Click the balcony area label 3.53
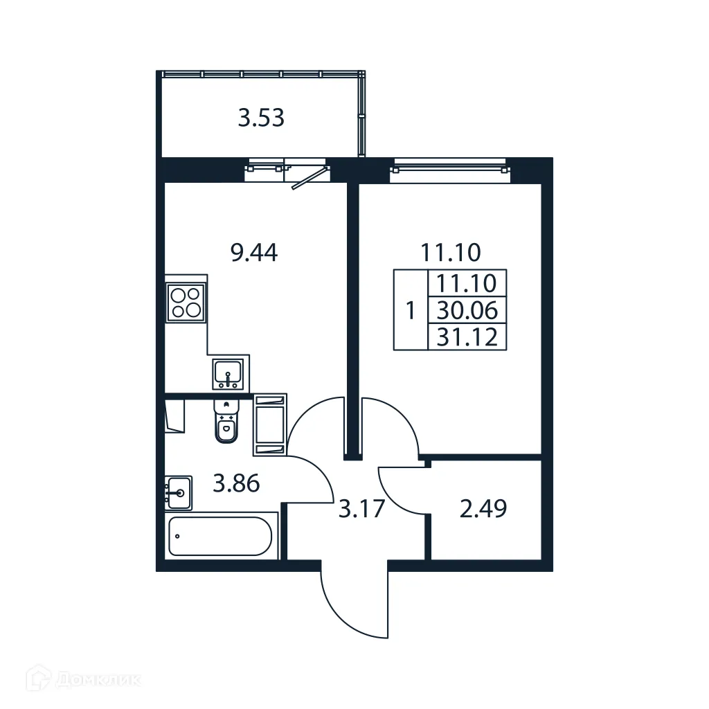(261, 118)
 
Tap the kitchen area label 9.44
(254, 253)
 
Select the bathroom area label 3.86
(236, 483)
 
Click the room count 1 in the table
(411, 310)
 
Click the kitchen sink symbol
(228, 374)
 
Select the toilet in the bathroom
(226, 422)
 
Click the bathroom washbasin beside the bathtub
(179, 493)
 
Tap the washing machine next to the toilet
(269, 424)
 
